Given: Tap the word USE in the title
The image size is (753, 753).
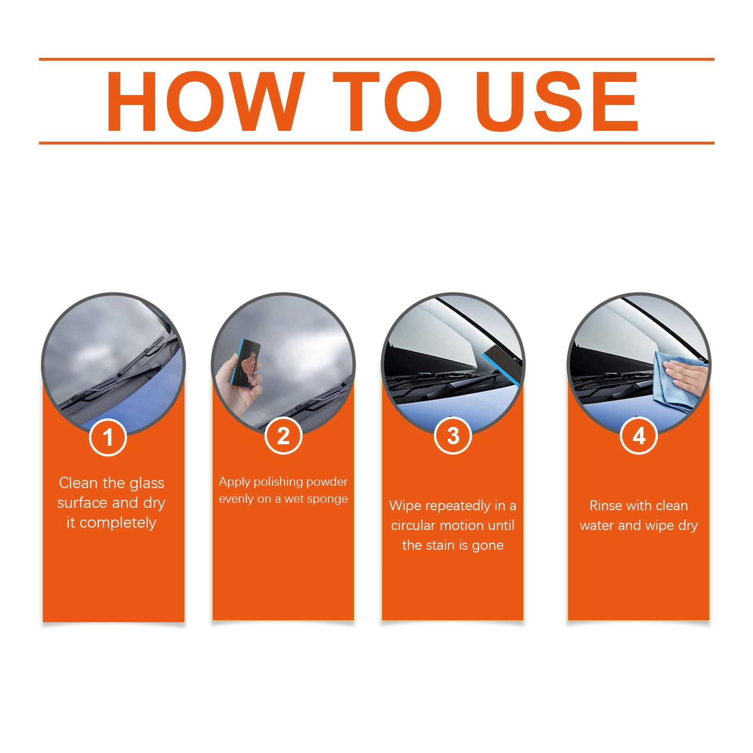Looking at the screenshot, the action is tap(557, 101).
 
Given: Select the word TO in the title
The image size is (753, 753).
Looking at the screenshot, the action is tap(387, 101).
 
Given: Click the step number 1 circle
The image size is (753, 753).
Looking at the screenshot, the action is tap(108, 437).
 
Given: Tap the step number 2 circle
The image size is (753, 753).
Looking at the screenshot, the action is tap(283, 436).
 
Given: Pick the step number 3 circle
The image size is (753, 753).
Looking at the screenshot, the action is tap(453, 436).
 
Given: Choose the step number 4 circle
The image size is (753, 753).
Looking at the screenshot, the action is tap(639, 436).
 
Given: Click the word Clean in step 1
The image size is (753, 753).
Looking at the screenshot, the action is tap(78, 483).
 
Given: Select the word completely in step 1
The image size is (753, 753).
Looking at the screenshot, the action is tap(118, 523).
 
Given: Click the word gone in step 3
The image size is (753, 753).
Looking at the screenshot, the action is tap(488, 546).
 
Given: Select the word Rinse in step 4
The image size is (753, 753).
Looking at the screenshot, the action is tap(606, 505).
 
